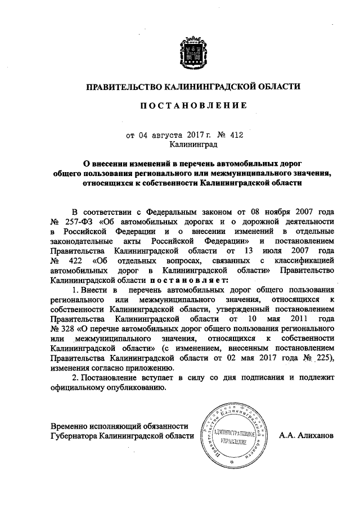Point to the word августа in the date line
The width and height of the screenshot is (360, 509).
(x=166, y=134)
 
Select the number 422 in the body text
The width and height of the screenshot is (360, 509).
(x=74, y=260)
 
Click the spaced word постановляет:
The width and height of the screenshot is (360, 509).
(x=188, y=280)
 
